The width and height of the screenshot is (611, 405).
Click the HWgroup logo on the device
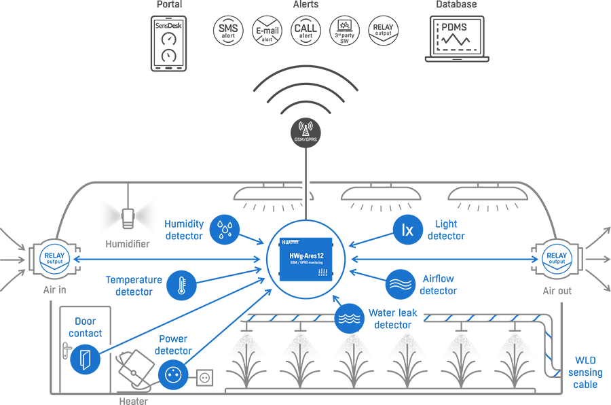pos(291,242)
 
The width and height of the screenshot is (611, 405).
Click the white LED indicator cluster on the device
pos(323,272)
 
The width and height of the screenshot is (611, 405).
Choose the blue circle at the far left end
pos(49,257)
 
